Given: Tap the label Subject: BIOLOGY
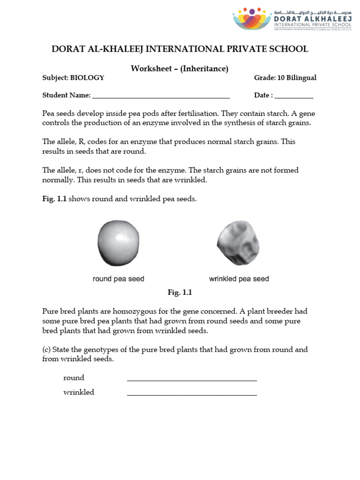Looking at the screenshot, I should (73, 78).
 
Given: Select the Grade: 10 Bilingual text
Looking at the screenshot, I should (285, 78).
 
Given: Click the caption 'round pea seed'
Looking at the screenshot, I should (119, 279).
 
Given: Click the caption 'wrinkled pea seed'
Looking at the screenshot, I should (239, 279).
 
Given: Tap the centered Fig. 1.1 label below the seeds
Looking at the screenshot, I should (180, 292).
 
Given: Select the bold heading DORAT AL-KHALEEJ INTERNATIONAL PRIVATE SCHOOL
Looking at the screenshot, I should (180, 49).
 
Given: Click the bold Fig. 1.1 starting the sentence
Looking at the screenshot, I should (54, 199).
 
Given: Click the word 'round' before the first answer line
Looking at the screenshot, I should (74, 378).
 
